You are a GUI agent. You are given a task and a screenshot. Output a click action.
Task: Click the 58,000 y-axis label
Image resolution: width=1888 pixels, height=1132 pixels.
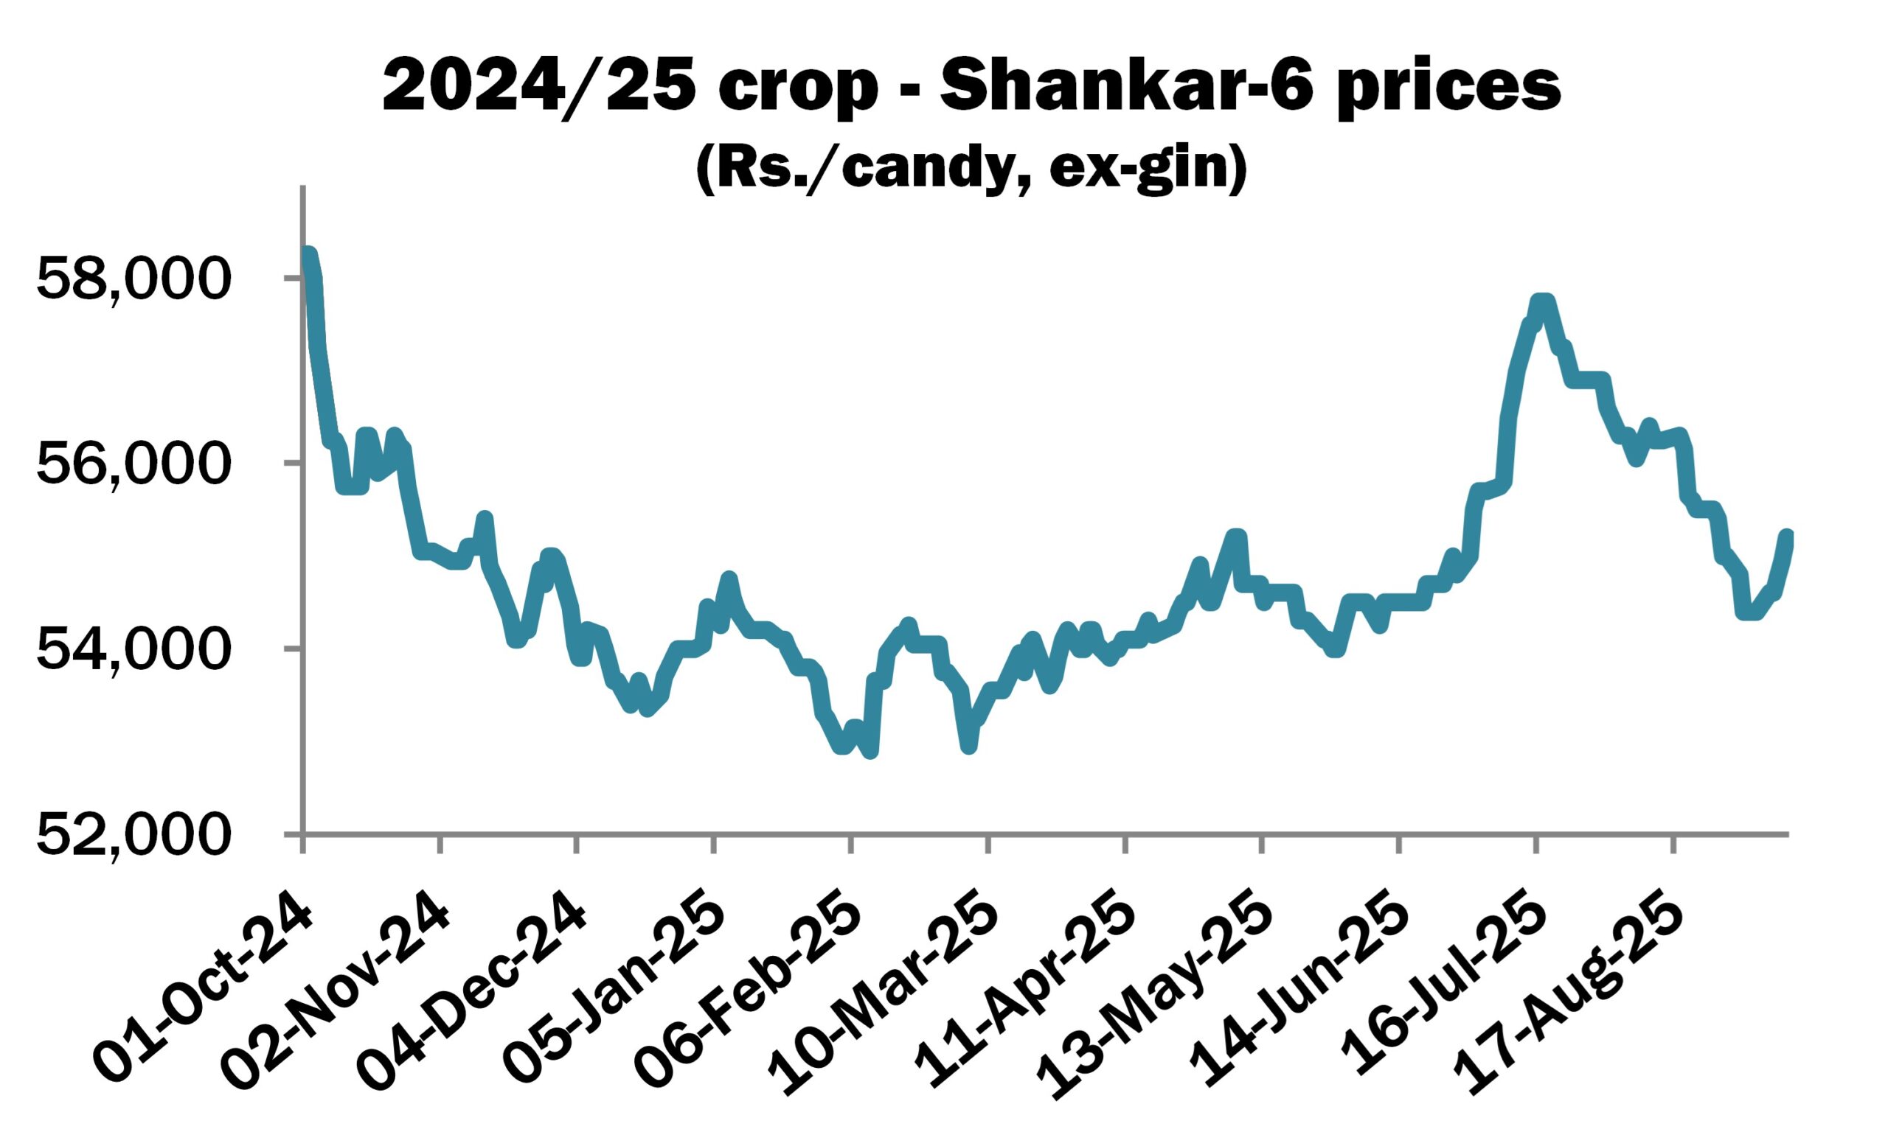(132, 280)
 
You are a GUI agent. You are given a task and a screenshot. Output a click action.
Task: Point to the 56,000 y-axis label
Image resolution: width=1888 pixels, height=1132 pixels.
(132, 464)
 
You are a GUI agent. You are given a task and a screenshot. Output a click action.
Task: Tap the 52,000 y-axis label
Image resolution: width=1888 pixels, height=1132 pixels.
(132, 836)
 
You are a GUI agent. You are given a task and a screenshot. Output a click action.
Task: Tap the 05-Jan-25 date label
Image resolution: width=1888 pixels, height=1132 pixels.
(616, 984)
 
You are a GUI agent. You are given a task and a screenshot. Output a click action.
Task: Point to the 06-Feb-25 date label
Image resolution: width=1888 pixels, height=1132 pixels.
(752, 984)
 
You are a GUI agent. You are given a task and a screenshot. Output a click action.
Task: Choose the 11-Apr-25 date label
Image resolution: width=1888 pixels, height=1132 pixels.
(1027, 984)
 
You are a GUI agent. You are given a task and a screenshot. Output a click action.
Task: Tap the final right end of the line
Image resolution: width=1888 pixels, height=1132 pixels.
(1785, 536)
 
